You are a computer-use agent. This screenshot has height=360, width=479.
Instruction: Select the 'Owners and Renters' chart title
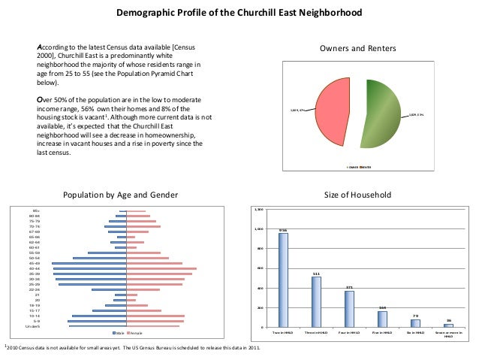tap(357, 49)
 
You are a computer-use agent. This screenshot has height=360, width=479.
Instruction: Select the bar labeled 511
tap(316, 301)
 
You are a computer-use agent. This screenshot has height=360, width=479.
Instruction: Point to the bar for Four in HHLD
tap(349, 308)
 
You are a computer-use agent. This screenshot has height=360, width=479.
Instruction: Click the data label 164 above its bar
tap(382, 307)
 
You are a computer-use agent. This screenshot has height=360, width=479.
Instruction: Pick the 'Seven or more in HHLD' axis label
tap(447, 334)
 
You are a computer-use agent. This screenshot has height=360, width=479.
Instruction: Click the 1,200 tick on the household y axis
tap(259, 209)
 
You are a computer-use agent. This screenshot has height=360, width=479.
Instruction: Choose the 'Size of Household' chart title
tap(357, 195)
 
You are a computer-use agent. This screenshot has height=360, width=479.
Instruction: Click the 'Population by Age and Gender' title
tap(120, 195)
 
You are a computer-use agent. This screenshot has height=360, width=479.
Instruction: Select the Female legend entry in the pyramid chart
tap(134, 332)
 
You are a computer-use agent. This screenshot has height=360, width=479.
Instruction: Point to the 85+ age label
tap(36, 211)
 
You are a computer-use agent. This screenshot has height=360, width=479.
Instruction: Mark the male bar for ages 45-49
tap(89, 264)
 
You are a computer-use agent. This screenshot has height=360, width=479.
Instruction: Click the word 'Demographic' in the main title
tap(142, 14)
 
